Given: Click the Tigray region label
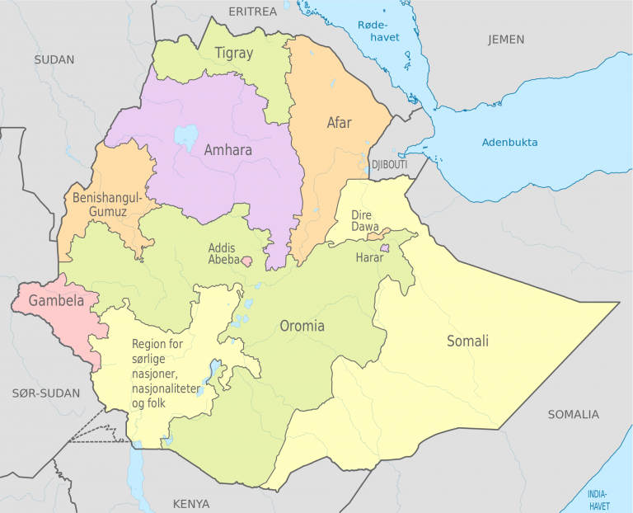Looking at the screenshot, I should click(234, 54).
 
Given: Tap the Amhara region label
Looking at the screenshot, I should click(228, 150).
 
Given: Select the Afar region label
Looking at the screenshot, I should click(339, 123).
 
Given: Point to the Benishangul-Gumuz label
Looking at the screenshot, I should click(107, 205).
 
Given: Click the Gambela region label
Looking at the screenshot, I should click(56, 301).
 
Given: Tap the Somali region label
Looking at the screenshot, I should click(467, 341).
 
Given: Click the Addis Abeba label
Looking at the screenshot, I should click(223, 254).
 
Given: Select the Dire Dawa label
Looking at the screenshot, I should click(361, 220).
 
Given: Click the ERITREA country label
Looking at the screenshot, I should click(253, 12).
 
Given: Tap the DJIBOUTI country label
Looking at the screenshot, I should click(389, 165).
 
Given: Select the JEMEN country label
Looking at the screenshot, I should click(505, 40).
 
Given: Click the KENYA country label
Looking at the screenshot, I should click(190, 503).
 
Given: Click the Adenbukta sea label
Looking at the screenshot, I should click(509, 143).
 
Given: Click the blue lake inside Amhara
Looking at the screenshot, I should click(186, 136).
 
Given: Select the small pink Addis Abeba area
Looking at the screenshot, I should click(246, 261).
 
